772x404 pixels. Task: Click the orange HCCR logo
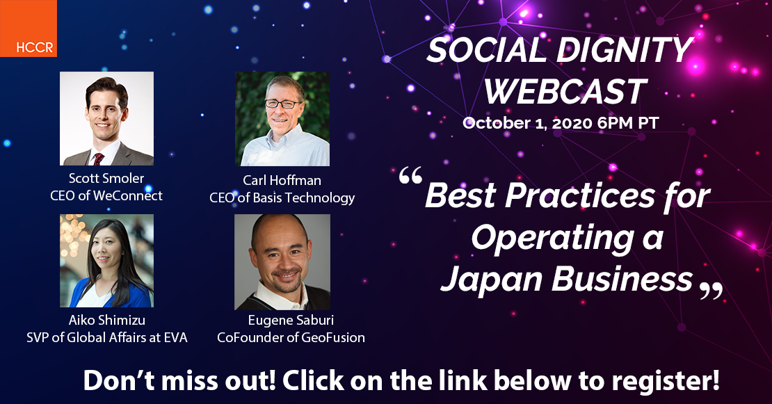28,28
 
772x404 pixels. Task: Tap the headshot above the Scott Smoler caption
107,119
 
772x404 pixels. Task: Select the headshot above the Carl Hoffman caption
282,119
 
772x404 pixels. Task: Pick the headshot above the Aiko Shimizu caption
107,261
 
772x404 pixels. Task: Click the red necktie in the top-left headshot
99,159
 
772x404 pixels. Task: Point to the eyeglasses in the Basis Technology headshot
282,104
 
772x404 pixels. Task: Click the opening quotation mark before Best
410,175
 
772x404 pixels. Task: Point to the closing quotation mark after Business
711,291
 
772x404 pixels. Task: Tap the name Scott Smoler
106,178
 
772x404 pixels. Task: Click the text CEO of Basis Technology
282,197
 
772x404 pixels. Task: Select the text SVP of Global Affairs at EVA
107,337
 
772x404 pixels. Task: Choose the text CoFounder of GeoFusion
291,337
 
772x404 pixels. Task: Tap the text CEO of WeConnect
106,196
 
